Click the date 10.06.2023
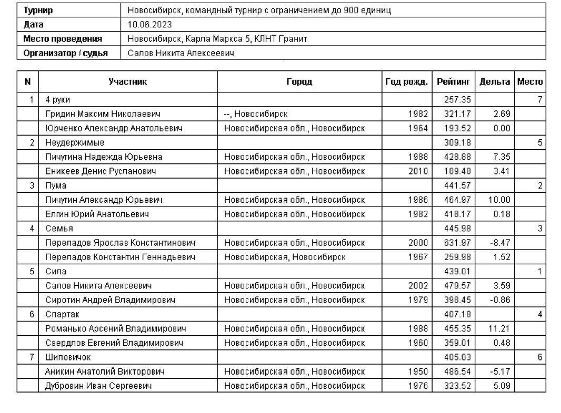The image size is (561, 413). [x=149, y=25]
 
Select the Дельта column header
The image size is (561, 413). [x=494, y=82]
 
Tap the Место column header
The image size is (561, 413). [x=530, y=82]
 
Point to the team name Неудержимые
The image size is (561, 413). [x=75, y=142]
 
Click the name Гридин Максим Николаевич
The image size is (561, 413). [x=103, y=114]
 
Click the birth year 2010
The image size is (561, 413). [x=418, y=171]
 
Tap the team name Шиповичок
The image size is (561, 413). [x=68, y=357]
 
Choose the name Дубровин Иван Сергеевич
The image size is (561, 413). [x=98, y=386]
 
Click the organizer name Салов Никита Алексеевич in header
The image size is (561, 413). [x=181, y=53]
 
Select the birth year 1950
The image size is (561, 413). [x=418, y=372]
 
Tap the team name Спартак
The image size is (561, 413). [x=62, y=315]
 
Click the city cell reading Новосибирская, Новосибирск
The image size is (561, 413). [x=285, y=257]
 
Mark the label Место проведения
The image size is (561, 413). [x=63, y=39]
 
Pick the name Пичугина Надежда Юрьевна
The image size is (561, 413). [x=104, y=157]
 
